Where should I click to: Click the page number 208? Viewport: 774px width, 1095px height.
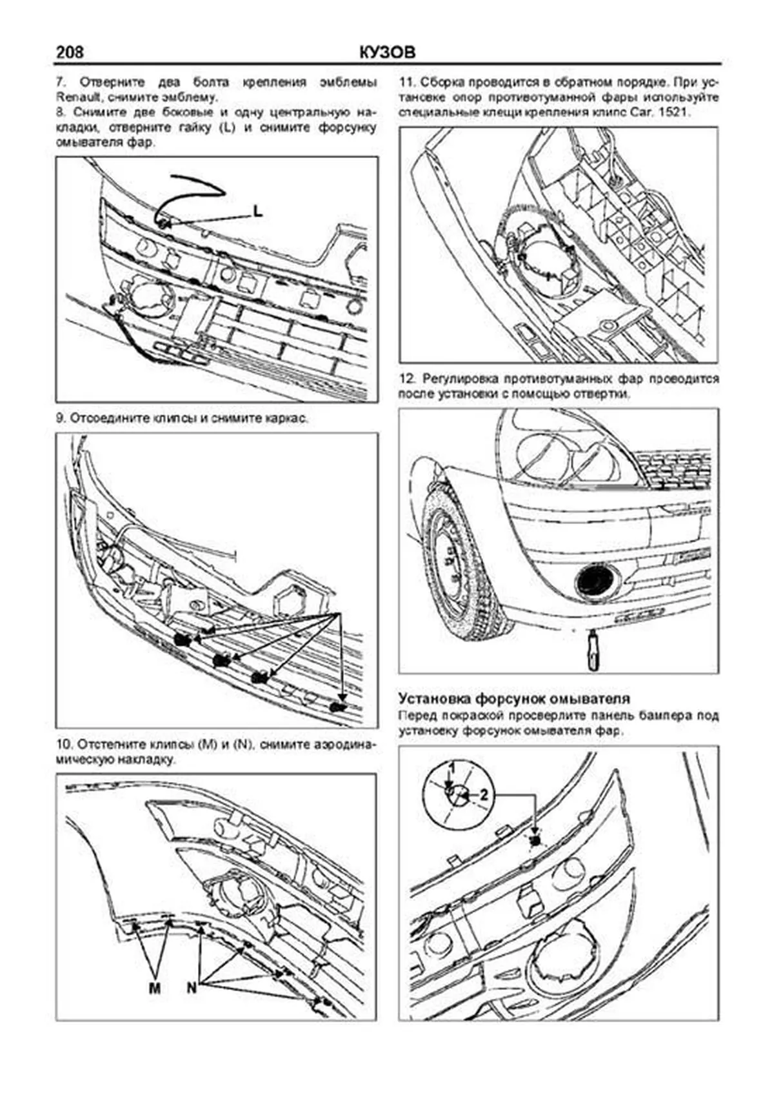pos(70,52)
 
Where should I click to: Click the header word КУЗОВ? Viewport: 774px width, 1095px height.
pos(387,52)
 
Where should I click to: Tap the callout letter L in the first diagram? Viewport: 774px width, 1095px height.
pos(257,211)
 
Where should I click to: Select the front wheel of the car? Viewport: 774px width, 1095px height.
pos(455,563)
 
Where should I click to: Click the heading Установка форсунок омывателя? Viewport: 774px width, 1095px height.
pos(514,699)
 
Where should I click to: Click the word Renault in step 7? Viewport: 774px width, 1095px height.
pos(75,98)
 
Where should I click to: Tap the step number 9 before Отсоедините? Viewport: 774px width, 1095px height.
pos(61,418)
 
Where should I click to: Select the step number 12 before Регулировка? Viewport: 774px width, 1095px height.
pos(406,378)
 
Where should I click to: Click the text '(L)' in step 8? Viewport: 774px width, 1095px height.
pos(226,128)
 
